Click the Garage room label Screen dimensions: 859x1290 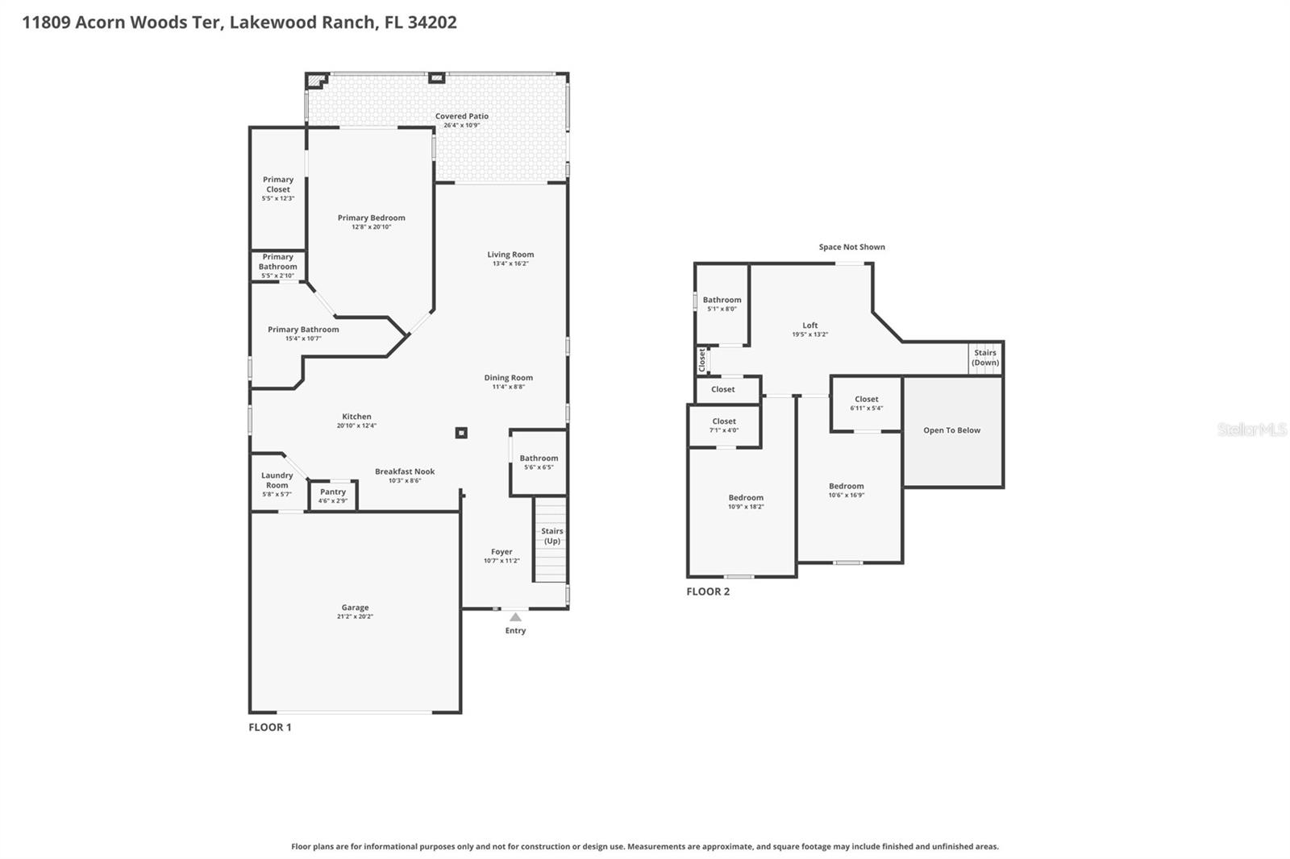355,608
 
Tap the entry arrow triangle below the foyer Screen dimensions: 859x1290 515,617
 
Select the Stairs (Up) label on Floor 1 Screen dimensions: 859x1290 551,536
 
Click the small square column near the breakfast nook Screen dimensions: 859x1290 461,433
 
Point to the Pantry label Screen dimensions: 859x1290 332,492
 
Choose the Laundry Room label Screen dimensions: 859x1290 277,480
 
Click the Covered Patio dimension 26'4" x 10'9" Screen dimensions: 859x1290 461,126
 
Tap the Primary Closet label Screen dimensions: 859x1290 278,185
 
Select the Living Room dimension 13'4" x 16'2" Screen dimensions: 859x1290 510,264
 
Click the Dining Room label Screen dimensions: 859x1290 508,377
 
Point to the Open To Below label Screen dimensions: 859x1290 951,430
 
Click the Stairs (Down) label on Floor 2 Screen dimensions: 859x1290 984,358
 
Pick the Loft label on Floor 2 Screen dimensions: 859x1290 809,326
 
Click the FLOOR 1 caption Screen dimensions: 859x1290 270,727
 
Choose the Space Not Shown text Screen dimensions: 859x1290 851,247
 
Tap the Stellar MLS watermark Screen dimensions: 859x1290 1251,430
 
